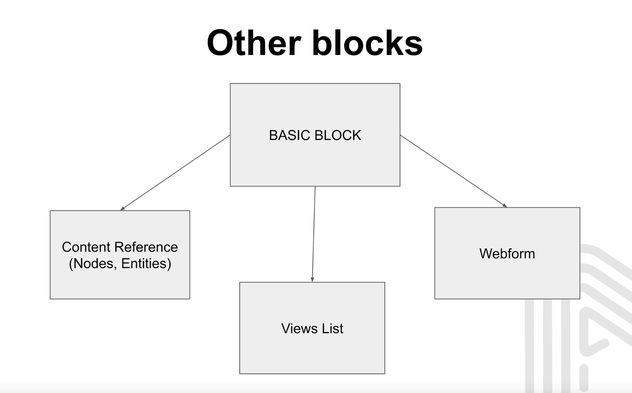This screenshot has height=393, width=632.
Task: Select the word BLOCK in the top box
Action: (338, 135)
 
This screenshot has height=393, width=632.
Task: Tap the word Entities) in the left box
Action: (146, 264)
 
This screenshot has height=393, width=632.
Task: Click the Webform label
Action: (507, 254)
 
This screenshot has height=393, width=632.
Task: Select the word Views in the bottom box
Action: (299, 328)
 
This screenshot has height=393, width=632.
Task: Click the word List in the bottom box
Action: (332, 328)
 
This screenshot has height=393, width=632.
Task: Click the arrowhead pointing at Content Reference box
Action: (122, 209)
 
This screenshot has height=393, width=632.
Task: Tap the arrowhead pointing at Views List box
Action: (312, 279)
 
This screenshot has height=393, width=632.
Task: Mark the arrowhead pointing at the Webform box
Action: (505, 206)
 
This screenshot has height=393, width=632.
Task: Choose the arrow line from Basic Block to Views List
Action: (314, 234)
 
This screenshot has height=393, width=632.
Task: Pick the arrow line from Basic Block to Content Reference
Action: (175, 172)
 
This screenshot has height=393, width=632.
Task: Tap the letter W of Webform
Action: (485, 254)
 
